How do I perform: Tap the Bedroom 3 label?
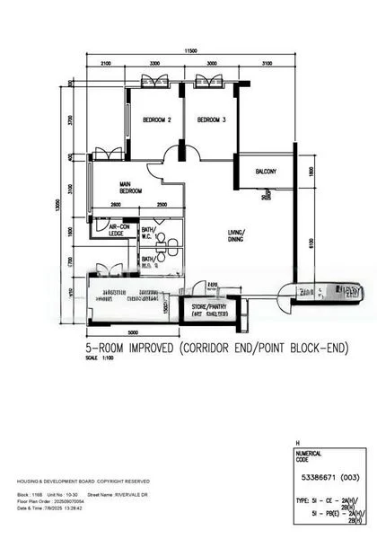(x=210, y=119)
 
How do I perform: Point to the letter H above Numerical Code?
(x=297, y=444)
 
